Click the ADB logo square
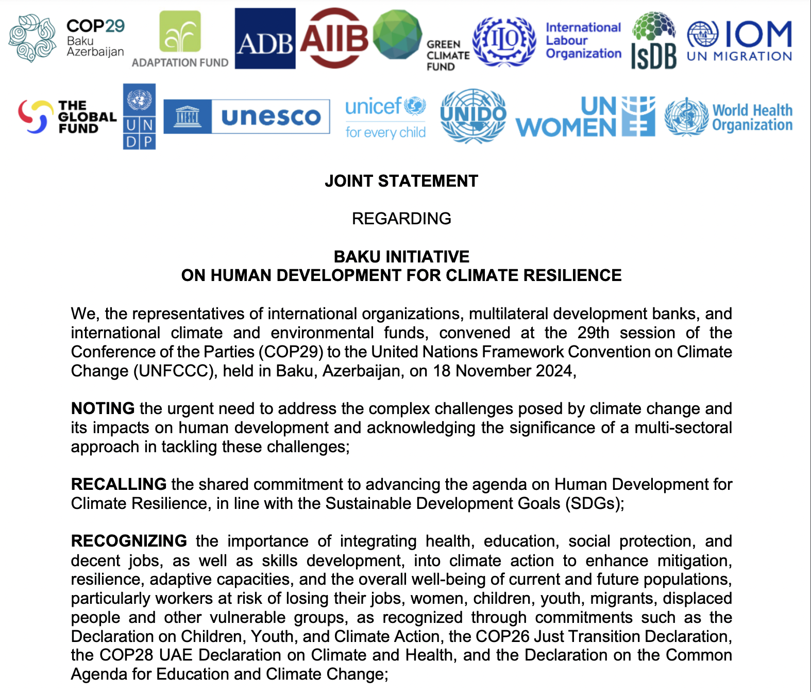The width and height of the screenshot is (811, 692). click(x=265, y=39)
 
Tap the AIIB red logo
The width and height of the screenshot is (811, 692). click(x=334, y=39)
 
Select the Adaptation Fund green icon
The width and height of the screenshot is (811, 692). click(x=180, y=32)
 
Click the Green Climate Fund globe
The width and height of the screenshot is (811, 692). click(x=397, y=35)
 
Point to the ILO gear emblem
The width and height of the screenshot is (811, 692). click(x=504, y=41)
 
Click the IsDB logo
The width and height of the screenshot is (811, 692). click(x=653, y=41)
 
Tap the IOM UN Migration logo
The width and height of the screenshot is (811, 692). click(x=739, y=41)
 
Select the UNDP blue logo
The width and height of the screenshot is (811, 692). click(x=139, y=117)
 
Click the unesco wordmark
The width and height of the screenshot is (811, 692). click(x=271, y=117)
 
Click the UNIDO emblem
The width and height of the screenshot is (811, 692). click(x=473, y=116)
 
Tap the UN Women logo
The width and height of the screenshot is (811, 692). click(x=585, y=117)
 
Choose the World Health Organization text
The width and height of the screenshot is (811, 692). click(x=752, y=118)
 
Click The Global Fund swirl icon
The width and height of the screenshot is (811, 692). click(x=36, y=117)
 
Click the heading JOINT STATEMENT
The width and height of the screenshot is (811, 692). click(x=401, y=181)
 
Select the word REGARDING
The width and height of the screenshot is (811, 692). click(x=401, y=219)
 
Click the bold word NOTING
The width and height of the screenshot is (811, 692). click(x=103, y=408)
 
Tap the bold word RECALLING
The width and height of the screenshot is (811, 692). click(x=119, y=484)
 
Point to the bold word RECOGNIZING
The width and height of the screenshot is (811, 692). click(x=129, y=541)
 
